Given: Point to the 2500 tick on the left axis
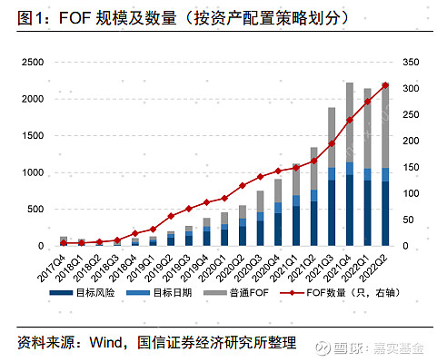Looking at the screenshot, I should click(33, 62).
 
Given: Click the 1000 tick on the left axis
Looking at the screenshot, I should click(33, 172).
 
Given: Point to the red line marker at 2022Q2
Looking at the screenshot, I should click(385, 85).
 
